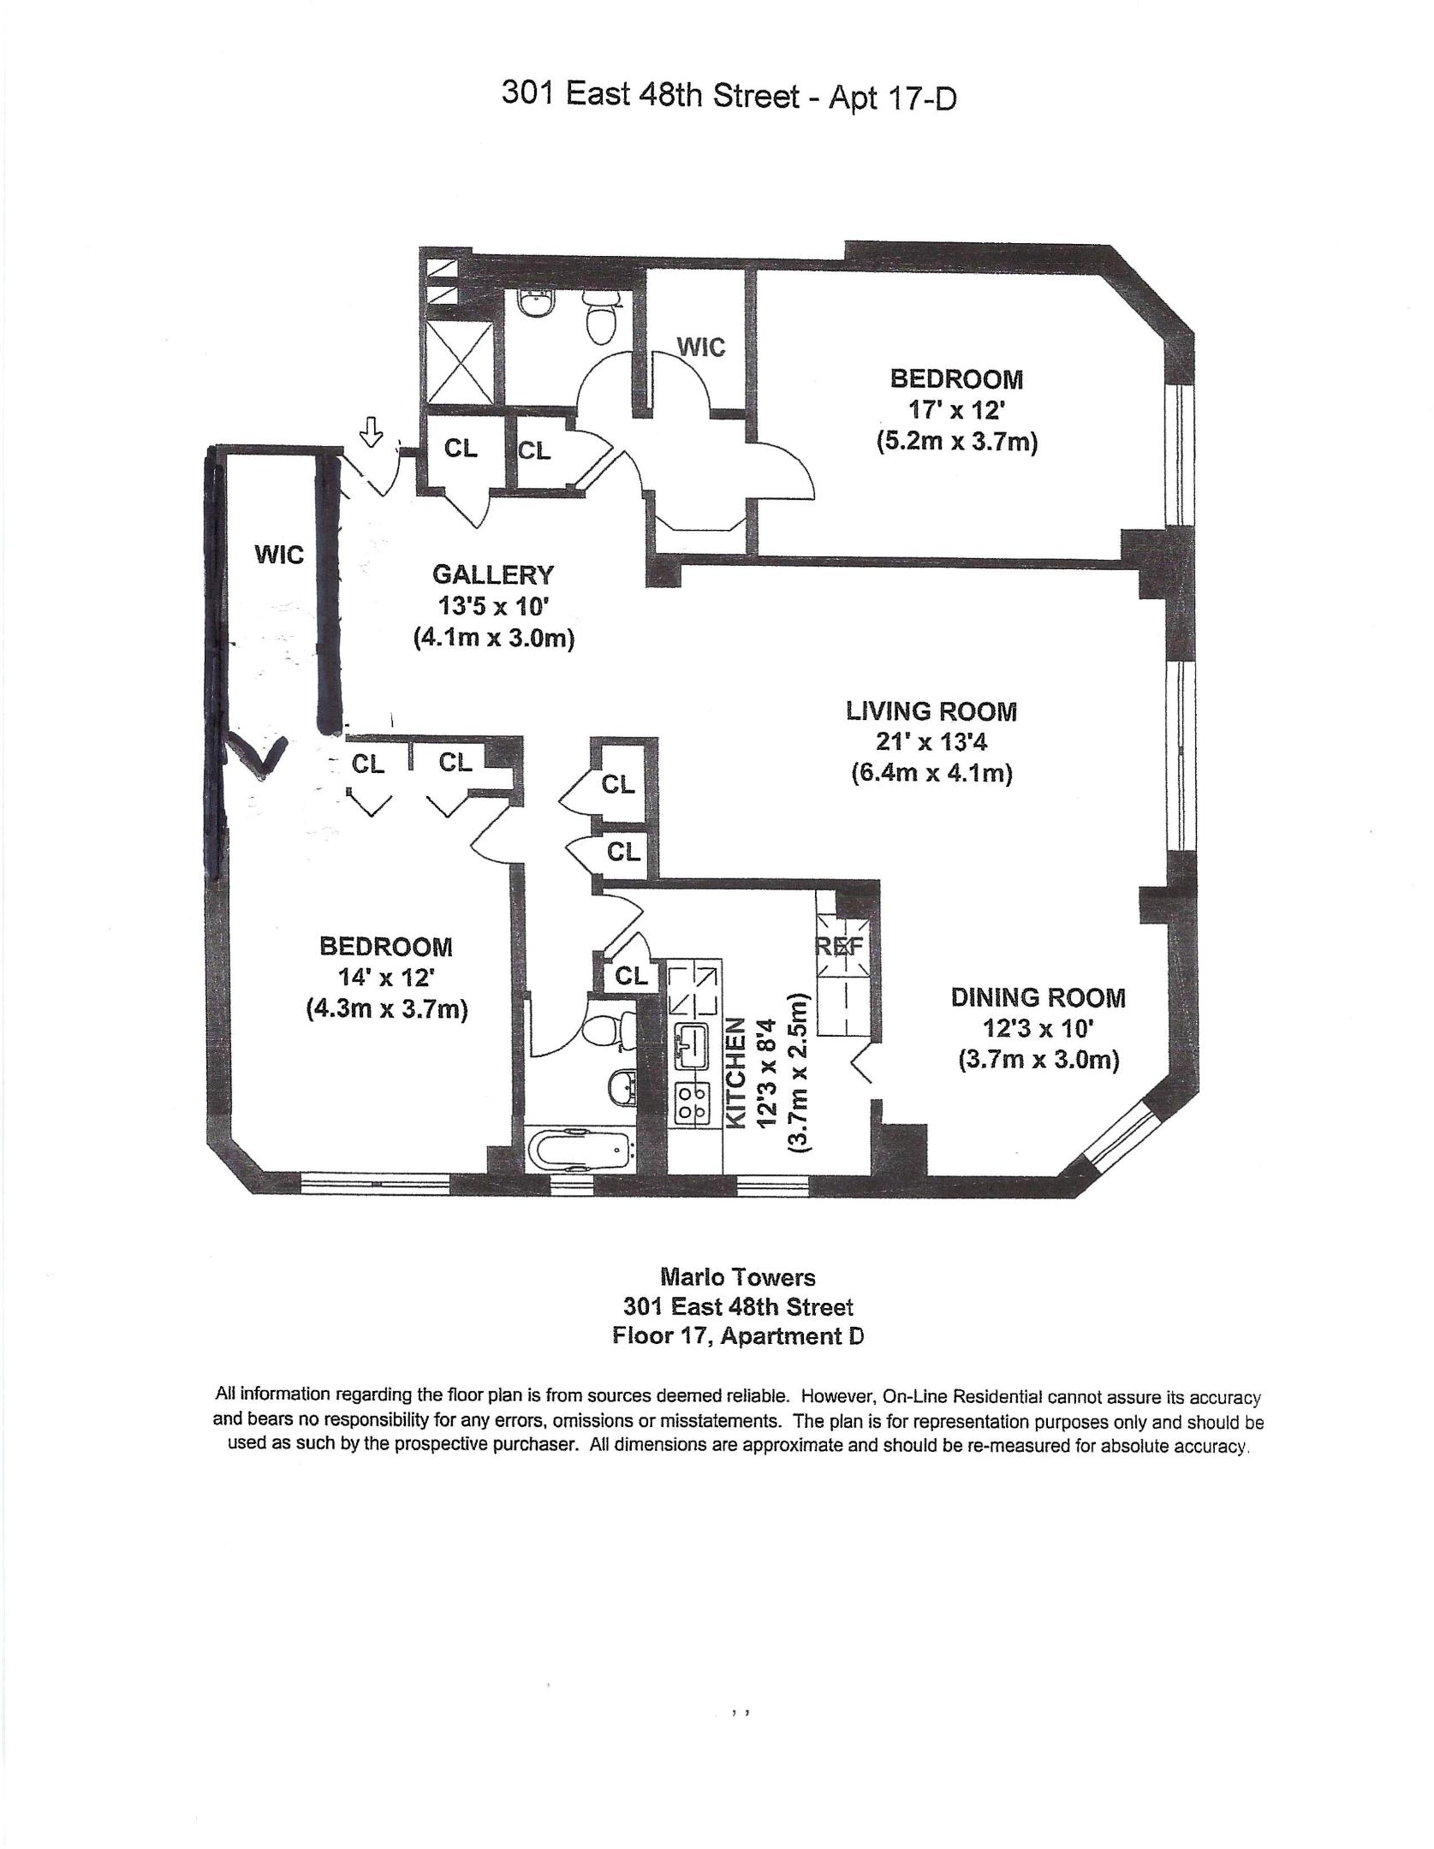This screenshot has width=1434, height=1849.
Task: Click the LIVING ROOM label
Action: click(x=931, y=710)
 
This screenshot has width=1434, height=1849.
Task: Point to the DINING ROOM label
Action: click(x=1038, y=997)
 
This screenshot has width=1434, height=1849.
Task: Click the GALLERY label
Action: click(x=492, y=574)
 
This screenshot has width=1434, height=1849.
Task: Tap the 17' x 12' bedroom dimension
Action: click(x=956, y=411)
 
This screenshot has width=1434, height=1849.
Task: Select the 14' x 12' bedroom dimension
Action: click(x=386, y=978)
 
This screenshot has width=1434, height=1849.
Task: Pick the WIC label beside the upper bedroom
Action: click(x=700, y=347)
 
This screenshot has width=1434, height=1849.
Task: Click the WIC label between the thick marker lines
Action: click(x=279, y=555)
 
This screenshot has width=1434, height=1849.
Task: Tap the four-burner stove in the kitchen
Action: click(x=692, y=1103)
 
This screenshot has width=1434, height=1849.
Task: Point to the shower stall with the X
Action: click(x=459, y=363)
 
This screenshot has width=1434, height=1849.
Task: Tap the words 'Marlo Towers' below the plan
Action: click(x=737, y=1277)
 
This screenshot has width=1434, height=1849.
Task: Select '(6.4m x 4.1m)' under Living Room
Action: click(x=931, y=774)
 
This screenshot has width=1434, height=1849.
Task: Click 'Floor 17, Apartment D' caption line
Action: click(x=737, y=1336)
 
